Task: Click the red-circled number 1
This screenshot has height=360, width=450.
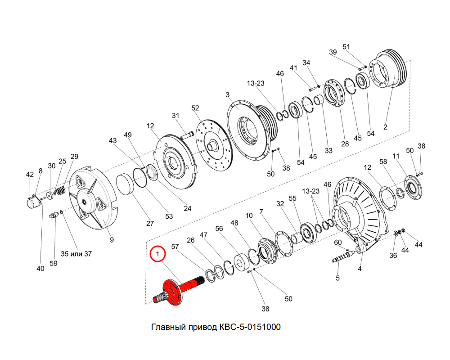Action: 157,254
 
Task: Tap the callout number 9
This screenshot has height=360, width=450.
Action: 112,240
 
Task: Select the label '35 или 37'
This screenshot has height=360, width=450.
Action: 76,254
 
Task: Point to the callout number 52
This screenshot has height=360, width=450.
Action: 195,108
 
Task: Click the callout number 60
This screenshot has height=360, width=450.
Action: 338,243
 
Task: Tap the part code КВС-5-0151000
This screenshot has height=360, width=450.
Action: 250,327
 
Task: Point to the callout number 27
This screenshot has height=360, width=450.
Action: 150,223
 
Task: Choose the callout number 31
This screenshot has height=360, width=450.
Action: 175,115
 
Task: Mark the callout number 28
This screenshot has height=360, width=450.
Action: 345,144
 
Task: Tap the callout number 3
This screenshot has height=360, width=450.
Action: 228,95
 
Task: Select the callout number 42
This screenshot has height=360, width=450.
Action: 30,174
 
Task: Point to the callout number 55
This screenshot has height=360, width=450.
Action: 292,198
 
